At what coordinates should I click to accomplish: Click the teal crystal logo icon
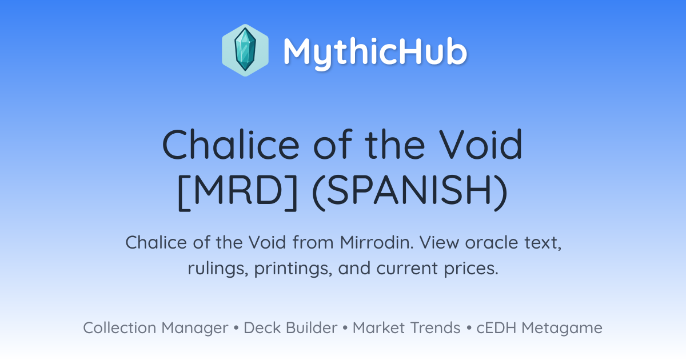click(x=245, y=50)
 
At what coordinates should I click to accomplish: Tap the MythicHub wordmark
click(x=376, y=53)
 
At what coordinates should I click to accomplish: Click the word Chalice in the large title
click(x=230, y=144)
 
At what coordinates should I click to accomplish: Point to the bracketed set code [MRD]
click(x=238, y=192)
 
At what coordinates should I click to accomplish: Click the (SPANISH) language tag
click(x=410, y=192)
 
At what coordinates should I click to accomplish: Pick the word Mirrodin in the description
click(x=377, y=242)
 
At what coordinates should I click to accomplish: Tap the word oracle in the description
click(x=492, y=243)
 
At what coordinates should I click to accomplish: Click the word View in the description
click(x=439, y=242)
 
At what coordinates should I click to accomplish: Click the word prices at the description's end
click(x=471, y=269)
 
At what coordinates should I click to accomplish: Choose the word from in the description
click(x=313, y=242)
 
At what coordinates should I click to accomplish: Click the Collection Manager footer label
click(x=155, y=328)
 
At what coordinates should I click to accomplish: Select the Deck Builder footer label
click(x=290, y=328)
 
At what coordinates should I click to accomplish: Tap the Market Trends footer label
click(x=406, y=328)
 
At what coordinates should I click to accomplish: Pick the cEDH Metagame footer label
click(x=539, y=328)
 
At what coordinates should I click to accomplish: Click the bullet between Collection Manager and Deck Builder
click(x=236, y=328)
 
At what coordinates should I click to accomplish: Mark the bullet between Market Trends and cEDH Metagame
click(x=469, y=328)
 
